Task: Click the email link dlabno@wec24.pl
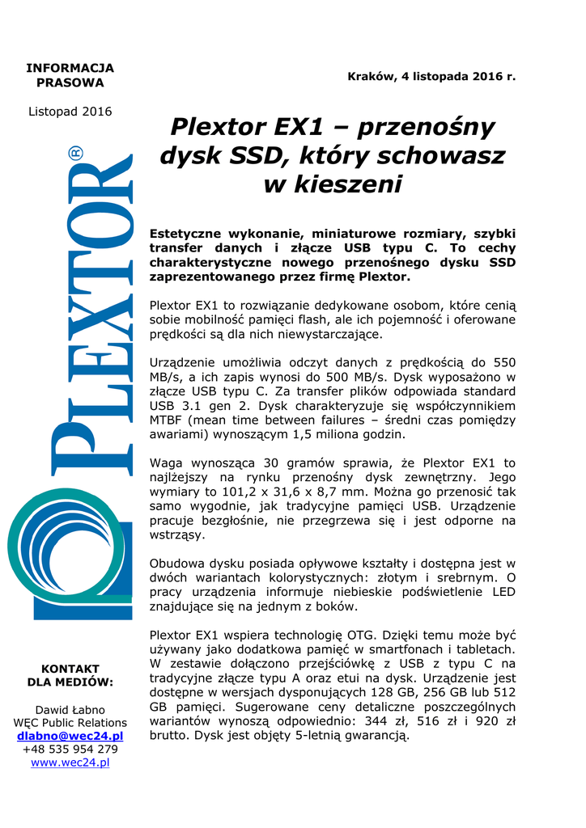pyautogui.click(x=70, y=736)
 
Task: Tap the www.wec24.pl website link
pyautogui.click(x=70, y=762)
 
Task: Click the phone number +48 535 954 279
pyautogui.click(x=70, y=749)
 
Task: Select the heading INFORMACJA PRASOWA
pyautogui.click(x=70, y=75)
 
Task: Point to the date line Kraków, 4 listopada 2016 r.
pyautogui.click(x=431, y=77)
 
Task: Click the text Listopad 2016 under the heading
pyautogui.click(x=70, y=112)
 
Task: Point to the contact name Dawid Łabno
pyautogui.click(x=70, y=709)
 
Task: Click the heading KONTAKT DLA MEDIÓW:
pyautogui.click(x=70, y=675)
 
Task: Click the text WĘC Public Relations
pyautogui.click(x=70, y=722)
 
